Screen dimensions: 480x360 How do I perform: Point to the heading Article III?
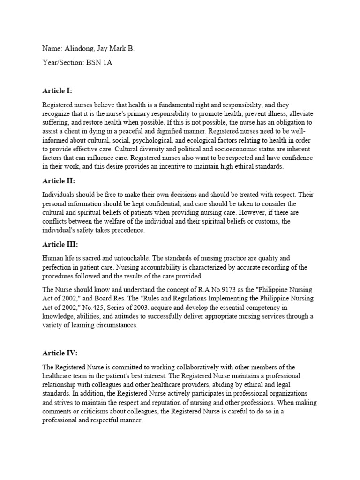pyautogui.click(x=60, y=244)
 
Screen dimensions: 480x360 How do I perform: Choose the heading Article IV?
pyautogui.click(x=60, y=353)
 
